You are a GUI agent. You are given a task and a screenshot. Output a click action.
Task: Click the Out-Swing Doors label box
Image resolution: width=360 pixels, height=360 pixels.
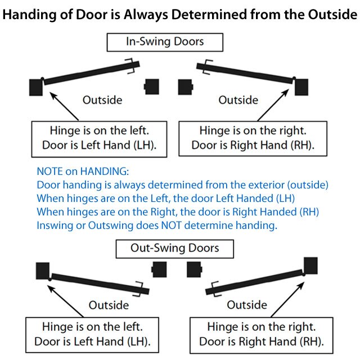(174, 248)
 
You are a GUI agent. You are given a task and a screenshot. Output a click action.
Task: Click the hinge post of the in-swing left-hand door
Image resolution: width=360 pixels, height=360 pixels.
(36, 87)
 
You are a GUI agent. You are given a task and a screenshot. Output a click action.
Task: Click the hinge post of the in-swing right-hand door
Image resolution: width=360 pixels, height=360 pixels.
(301, 86)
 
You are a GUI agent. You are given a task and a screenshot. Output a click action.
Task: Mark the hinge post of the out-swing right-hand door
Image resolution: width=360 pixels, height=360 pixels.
(312, 265)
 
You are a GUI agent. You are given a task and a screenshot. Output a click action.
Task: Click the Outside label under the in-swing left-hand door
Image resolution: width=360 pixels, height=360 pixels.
(102, 100)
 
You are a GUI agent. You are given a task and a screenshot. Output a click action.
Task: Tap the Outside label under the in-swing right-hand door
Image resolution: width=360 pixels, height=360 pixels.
(238, 100)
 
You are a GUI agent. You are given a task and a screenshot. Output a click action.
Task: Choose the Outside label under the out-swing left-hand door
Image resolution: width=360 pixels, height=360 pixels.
(109, 305)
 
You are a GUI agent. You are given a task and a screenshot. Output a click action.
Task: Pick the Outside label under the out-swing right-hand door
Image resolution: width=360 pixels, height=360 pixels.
(247, 305)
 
